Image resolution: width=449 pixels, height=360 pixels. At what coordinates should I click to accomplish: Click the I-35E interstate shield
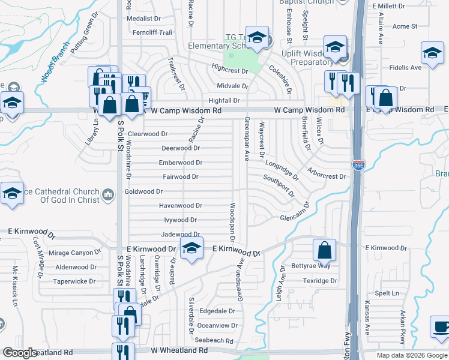click(x=358, y=166)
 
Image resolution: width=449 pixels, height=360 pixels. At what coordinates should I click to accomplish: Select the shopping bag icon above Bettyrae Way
click(x=324, y=251)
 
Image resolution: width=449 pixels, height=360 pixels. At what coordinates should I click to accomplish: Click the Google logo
click(x=20, y=353)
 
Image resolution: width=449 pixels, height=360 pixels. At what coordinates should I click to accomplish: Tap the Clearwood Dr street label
click(x=148, y=134)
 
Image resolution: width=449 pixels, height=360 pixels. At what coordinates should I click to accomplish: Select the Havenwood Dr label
click(x=180, y=206)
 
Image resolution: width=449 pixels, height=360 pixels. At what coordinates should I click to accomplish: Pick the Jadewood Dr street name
click(x=181, y=235)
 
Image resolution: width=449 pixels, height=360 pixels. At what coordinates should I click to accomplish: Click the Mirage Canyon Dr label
click(x=72, y=253)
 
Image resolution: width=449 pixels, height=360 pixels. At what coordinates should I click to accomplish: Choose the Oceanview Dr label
click(x=217, y=325)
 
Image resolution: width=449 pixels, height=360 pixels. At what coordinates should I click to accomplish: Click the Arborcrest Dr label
click(x=325, y=177)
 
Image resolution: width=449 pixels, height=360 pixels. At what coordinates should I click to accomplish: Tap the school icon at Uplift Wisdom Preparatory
click(x=335, y=47)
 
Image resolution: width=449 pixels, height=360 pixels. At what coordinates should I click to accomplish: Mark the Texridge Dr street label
click(x=320, y=281)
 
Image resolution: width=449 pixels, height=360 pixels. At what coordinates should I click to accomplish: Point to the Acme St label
click(x=405, y=26)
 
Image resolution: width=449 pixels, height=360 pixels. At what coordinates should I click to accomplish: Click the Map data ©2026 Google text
click(x=411, y=355)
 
